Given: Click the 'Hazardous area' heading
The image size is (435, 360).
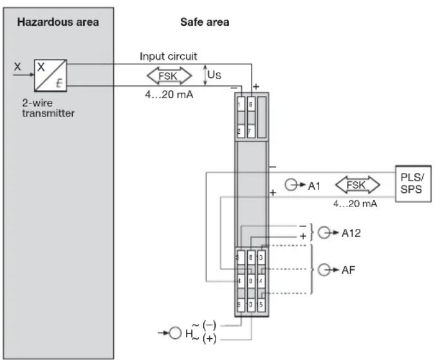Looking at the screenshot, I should click(57, 22).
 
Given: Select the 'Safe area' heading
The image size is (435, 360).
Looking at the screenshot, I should click(204, 22).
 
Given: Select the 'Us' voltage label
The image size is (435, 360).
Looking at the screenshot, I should click(215, 75).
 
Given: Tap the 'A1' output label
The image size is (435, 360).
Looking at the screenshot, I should click(313, 186).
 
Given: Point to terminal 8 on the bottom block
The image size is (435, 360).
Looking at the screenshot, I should click(251, 257).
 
